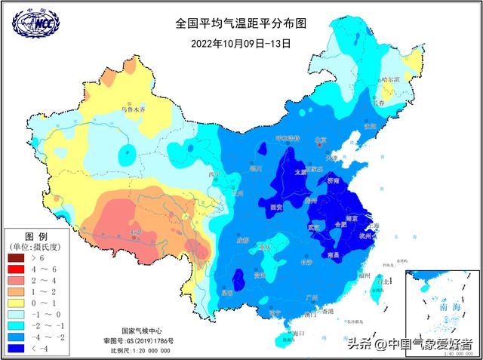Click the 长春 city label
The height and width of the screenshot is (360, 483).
[x=379, y=102]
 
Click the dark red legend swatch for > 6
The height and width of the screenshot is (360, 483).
[x=15, y=258]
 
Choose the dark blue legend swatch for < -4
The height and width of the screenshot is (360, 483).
[x=15, y=349]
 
